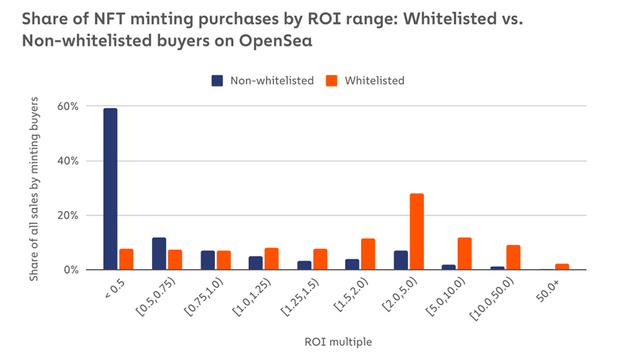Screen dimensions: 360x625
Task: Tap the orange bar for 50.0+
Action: click(562, 267)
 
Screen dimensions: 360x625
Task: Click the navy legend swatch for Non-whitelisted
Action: click(217, 81)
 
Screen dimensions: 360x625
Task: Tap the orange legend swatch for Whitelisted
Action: click(332, 81)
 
